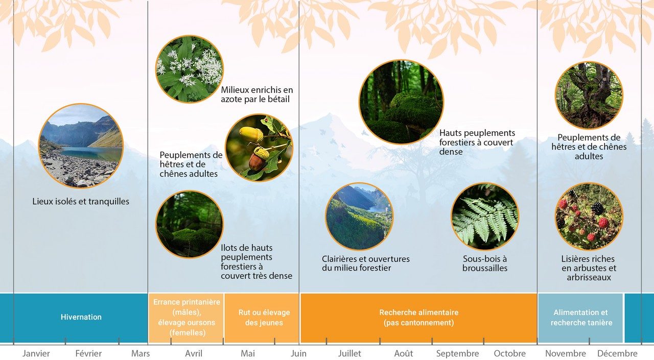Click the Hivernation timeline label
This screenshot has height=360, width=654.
coord(81,317)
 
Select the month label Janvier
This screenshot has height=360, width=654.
coord(36,353)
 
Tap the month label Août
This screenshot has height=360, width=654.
coord(404,353)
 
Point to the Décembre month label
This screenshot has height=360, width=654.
coord(618,353)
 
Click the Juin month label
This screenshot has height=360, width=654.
coord(299,353)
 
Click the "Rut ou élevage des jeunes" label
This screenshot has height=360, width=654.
coord(264,318)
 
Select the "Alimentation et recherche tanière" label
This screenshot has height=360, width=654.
coord(581,318)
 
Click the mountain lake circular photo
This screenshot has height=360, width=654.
coord(81,146)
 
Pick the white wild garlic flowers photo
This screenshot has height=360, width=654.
coord(190,69)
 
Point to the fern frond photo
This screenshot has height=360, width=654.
coord(485,217)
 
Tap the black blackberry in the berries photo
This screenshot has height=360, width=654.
coord(597,208)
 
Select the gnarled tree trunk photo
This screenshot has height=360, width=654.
coord(589,95)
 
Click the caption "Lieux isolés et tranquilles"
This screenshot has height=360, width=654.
coord(81,201)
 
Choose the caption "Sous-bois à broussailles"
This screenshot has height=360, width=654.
coord(485,263)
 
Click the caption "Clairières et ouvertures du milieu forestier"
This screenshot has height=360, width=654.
coord(365,263)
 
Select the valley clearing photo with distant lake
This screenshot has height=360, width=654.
coord(359,217)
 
